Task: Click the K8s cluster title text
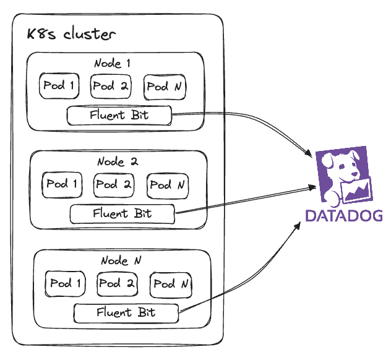click(71, 34)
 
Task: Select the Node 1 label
click(112, 63)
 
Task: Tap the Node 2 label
click(118, 161)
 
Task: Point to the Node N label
click(121, 260)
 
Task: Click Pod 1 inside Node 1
click(59, 86)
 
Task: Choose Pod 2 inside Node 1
click(111, 86)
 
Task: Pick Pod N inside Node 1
click(165, 87)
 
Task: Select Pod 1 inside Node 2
click(62, 185)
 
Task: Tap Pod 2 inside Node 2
click(114, 185)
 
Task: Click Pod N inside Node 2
click(168, 186)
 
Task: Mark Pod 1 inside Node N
click(66, 284)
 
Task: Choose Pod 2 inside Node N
click(117, 284)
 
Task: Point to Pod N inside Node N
click(171, 285)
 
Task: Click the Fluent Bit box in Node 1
click(119, 116)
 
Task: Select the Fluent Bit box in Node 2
click(122, 214)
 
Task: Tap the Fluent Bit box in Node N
click(126, 313)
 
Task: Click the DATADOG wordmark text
click(344, 216)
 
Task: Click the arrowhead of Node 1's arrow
click(309, 153)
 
